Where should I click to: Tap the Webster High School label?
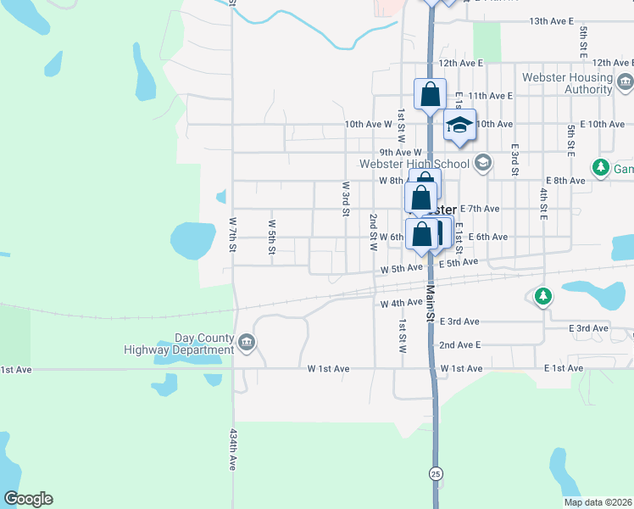point(414,164)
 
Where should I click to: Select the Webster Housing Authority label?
point(573,83)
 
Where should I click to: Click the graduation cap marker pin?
point(459,126)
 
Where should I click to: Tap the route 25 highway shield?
point(436,472)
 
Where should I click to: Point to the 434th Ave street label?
point(232,450)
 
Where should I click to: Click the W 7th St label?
point(232,232)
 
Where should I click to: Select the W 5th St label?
point(272,238)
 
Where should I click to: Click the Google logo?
point(28,499)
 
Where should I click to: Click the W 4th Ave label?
point(402,303)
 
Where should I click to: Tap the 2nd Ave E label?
point(459,345)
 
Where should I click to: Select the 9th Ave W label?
point(401,153)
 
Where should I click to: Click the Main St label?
point(430,304)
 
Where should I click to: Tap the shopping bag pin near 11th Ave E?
point(430,93)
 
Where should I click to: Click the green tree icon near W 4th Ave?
point(543,297)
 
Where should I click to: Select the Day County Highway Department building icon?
point(247,343)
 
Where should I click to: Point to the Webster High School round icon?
point(482,162)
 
